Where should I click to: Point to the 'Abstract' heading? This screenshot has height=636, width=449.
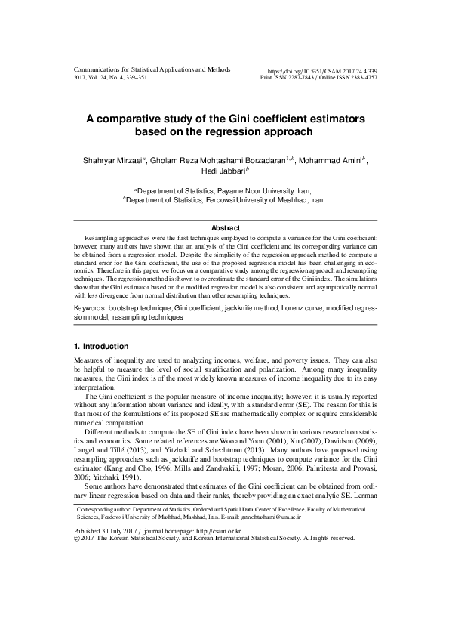coord(224,228)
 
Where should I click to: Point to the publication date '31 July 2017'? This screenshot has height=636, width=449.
coord(118,573)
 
